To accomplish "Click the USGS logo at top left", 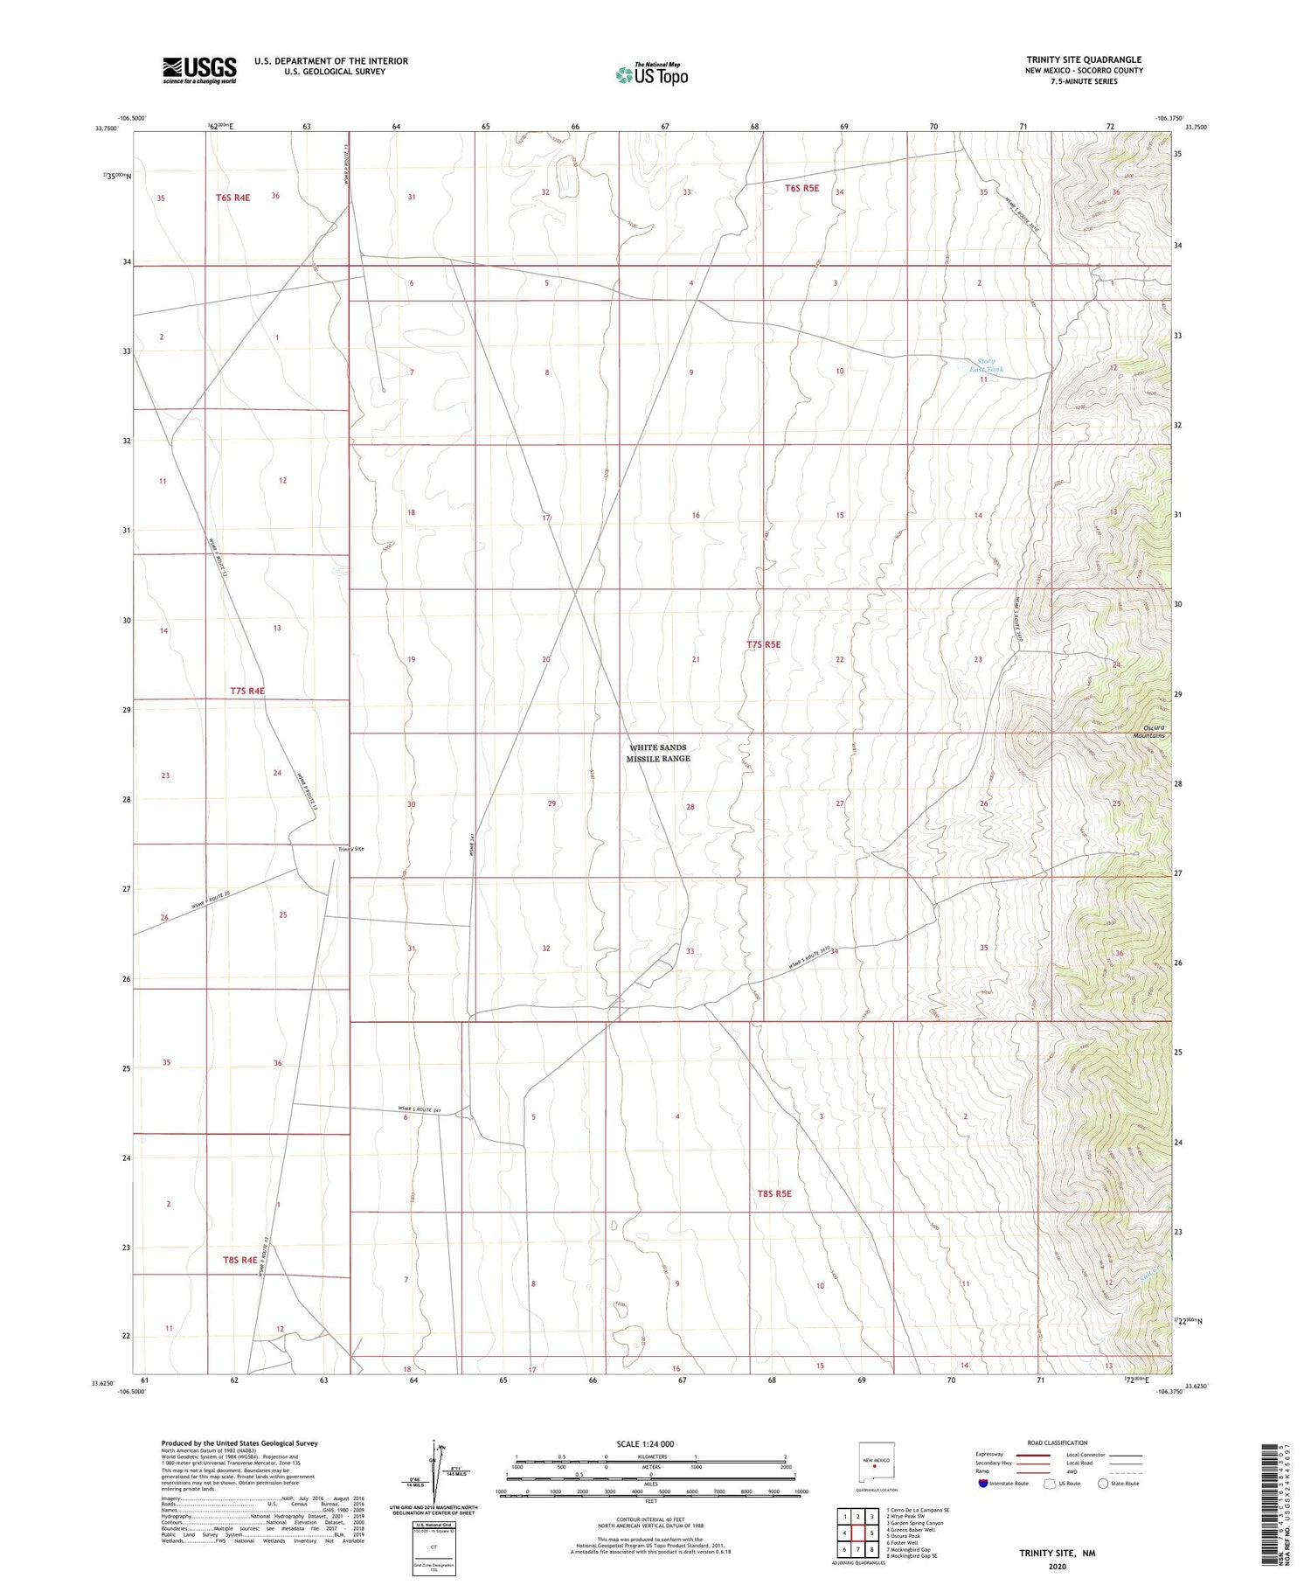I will click(199, 69).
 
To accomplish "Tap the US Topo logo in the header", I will click(652, 75).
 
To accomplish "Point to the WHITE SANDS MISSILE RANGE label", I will click(657, 753).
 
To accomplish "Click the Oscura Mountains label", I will click(1148, 732).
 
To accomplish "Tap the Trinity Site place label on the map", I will click(351, 849).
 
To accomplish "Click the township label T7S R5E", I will click(763, 644).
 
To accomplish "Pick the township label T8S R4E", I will click(239, 1260).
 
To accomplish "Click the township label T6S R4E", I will click(232, 198).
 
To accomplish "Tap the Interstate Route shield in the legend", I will click(983, 1483).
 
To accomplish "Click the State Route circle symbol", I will click(1103, 1483).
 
